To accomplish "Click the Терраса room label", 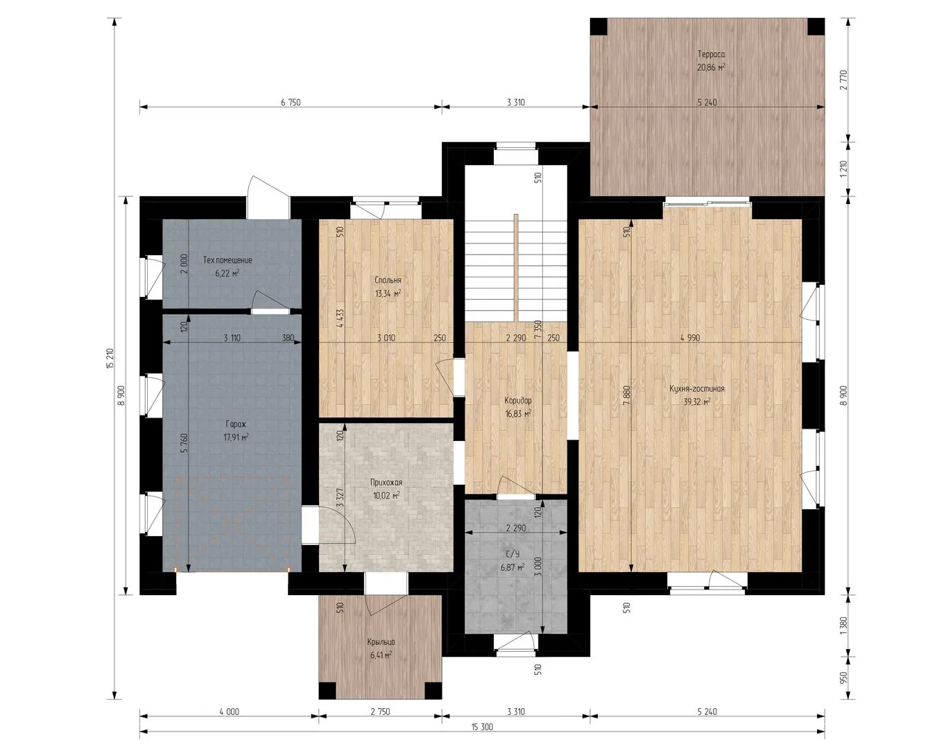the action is coord(712,55).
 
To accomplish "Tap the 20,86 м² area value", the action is coord(711,67).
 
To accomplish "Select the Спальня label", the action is coord(388,280).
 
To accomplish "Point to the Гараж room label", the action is coord(236,424).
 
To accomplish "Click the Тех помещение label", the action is coord(227,260).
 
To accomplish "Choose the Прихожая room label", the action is coord(386,483).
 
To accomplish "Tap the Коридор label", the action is coord(518,401).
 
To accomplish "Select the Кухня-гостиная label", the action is coord(697,389).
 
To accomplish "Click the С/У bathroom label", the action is coord(513,555).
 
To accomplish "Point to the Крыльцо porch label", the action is coord(381,642).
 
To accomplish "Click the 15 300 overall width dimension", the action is coord(482,727).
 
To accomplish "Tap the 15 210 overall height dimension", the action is coord(110,359).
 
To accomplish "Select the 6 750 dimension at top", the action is coord(291,103).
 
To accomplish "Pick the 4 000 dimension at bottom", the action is coord(229,712).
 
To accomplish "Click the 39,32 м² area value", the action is coord(697,402).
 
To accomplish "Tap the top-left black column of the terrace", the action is coord(599,26).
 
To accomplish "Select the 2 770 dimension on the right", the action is coord(843,80).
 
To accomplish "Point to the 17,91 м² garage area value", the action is coord(236,438).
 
